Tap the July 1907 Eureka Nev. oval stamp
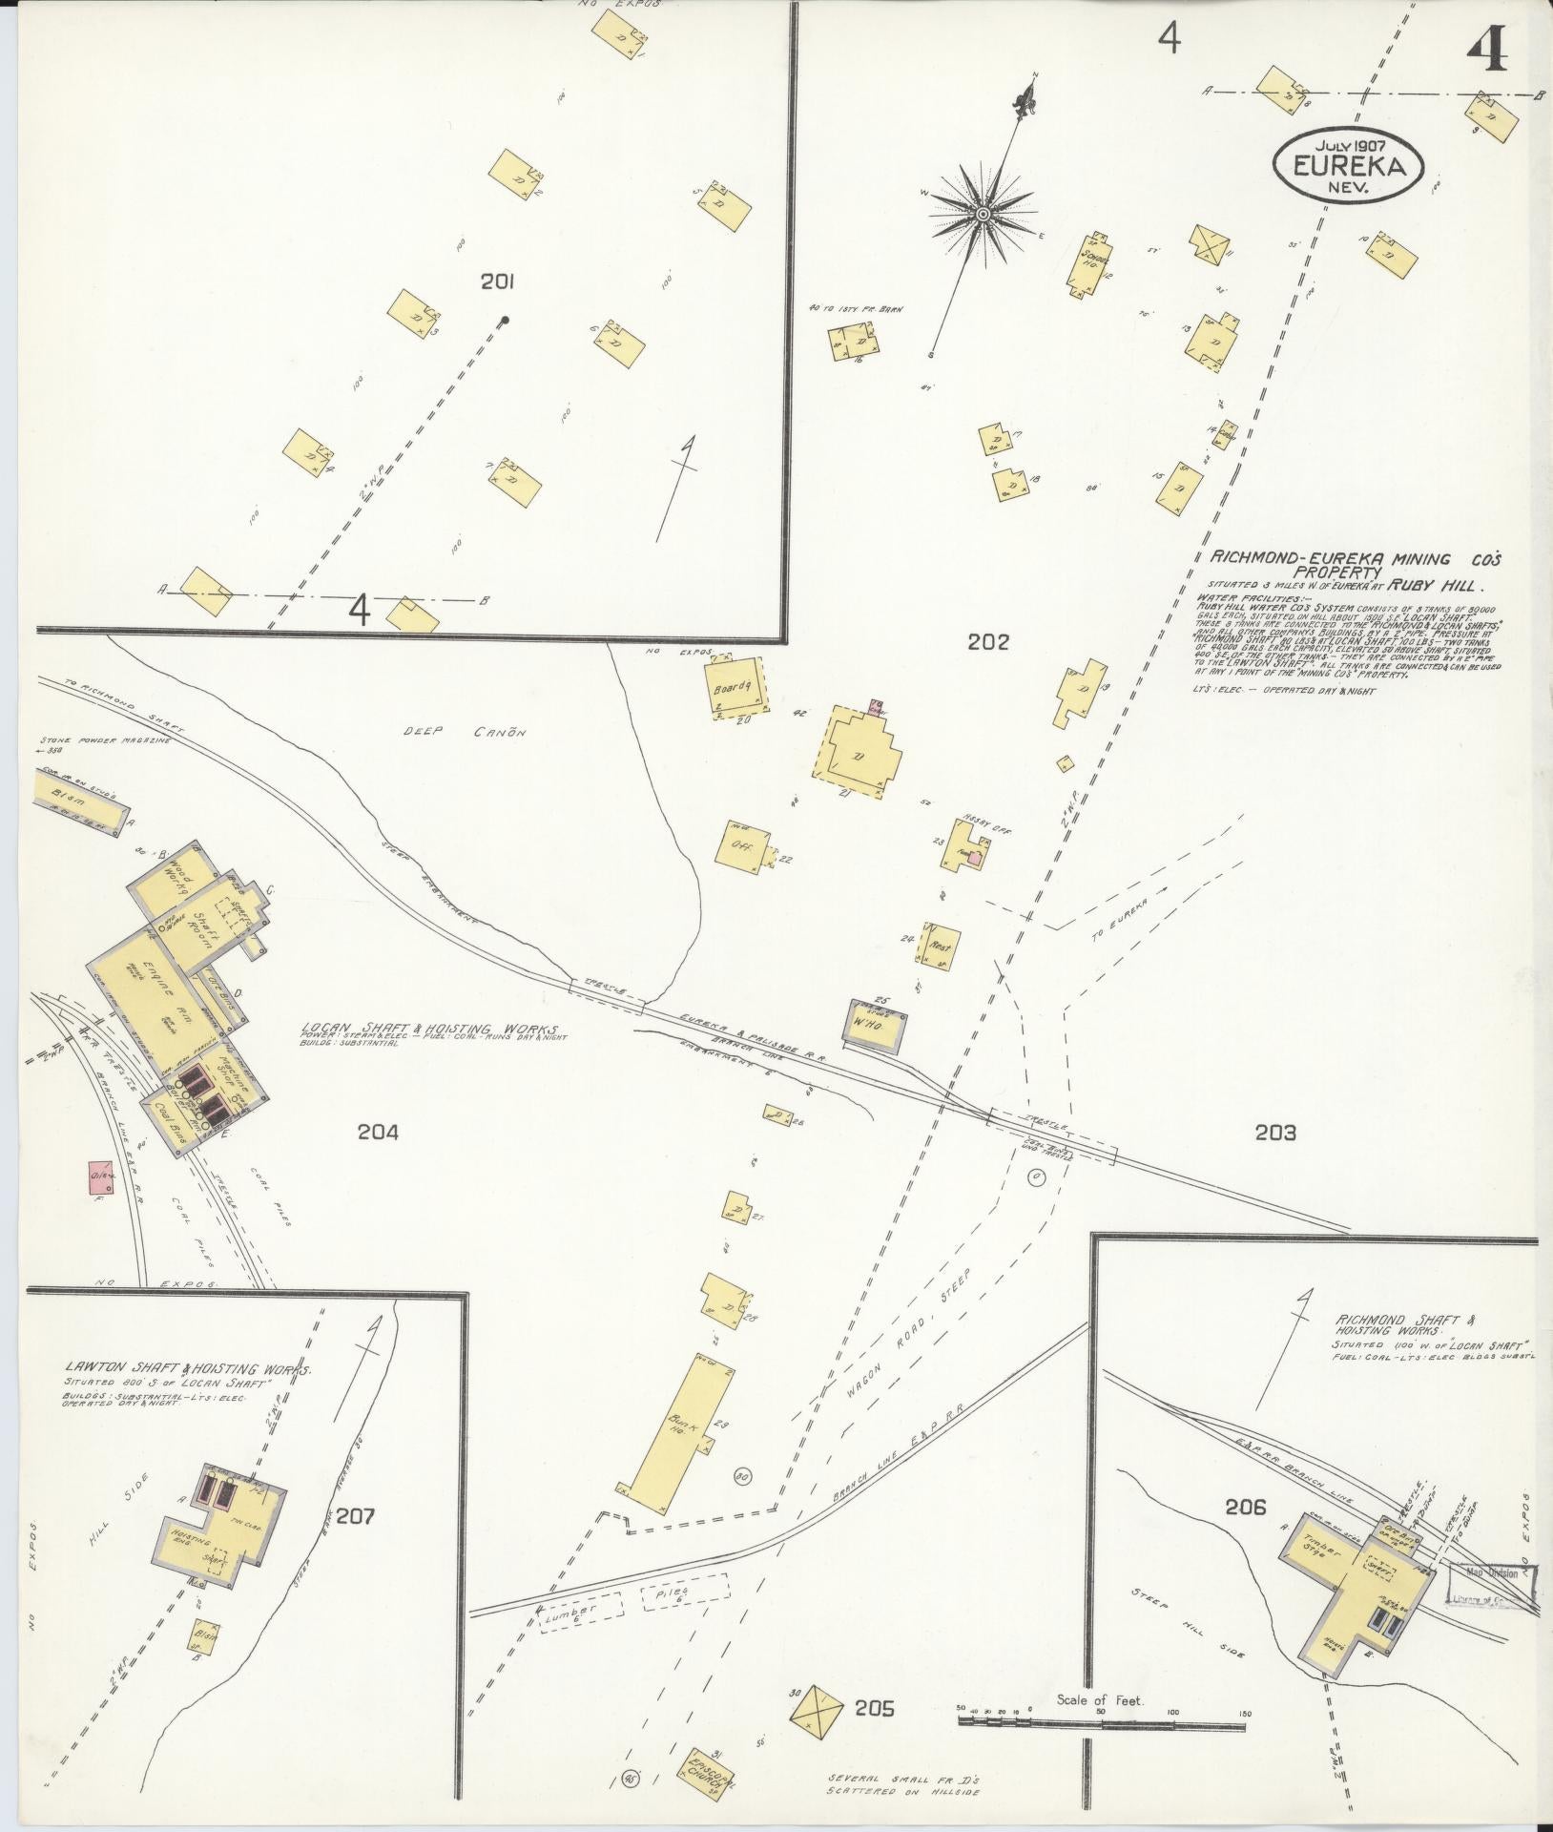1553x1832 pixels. (1348, 166)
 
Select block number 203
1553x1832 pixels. (1275, 1133)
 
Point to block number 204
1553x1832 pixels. (378, 1133)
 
